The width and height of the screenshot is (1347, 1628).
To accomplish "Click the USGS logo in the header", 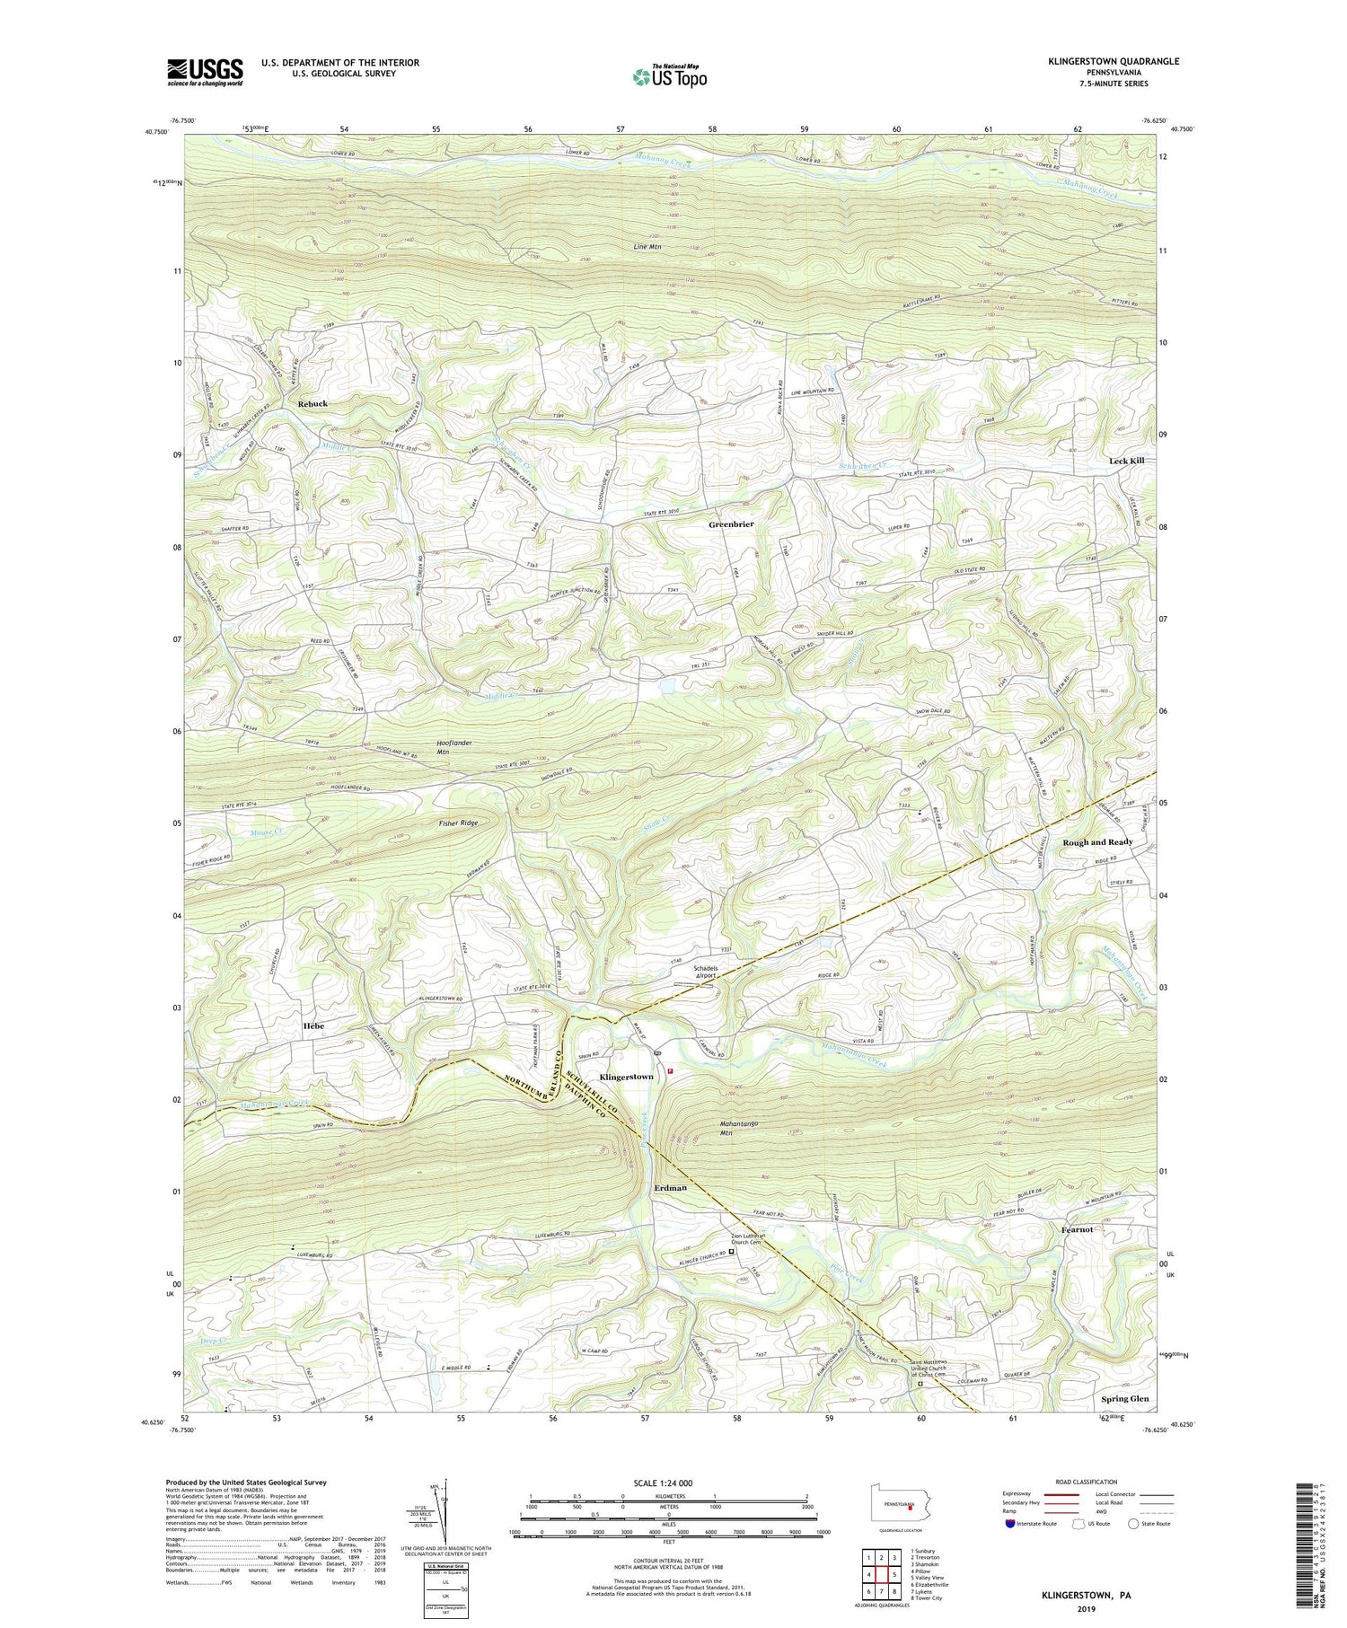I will coord(205,72).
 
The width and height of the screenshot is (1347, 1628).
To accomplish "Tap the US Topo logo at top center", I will coord(669,76).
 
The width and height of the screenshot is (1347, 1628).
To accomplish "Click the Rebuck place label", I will coord(313,404).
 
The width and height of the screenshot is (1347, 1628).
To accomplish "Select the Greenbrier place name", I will coord(731,524).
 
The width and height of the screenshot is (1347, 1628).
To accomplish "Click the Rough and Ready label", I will coord(1097,842).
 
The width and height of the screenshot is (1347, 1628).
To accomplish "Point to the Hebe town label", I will coord(313,1025).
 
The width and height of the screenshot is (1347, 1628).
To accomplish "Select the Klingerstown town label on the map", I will coord(627,1077).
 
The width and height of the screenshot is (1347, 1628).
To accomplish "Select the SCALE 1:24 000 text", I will coord(669,1483).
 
